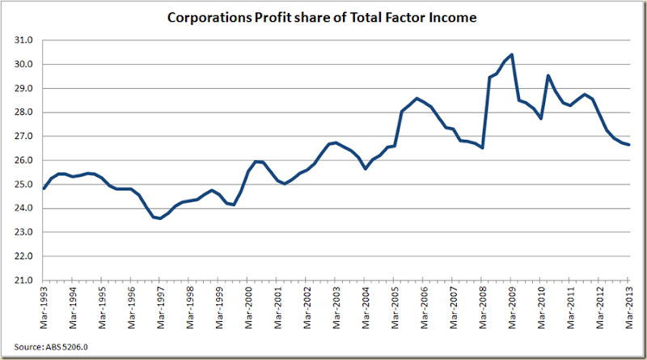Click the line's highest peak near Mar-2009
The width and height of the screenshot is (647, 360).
coord(512,54)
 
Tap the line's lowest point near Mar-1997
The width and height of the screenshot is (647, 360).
coord(160,218)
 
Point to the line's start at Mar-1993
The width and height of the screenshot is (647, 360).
coord(44,188)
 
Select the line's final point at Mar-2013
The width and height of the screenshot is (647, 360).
coord(630,145)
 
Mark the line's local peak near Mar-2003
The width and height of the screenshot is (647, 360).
coord(337,142)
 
